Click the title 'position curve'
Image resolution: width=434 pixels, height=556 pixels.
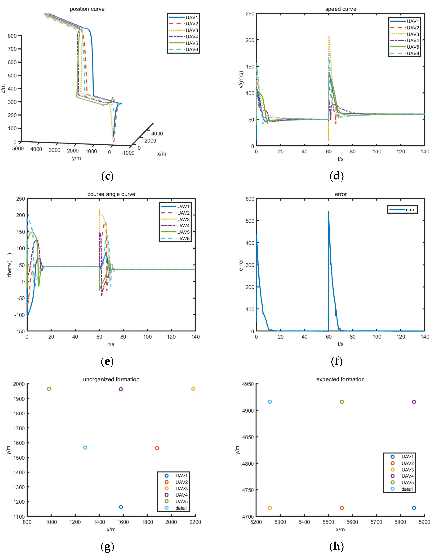(x=87, y=9)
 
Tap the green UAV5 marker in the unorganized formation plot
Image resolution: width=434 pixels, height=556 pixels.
(x=49, y=389)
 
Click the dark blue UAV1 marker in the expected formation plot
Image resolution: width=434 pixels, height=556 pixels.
(x=414, y=508)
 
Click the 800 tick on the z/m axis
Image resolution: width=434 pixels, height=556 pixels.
(x=12, y=36)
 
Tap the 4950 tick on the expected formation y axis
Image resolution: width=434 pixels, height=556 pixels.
(x=248, y=384)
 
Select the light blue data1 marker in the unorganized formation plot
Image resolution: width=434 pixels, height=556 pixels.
(x=85, y=448)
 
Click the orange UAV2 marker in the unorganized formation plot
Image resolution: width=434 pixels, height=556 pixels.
(x=157, y=448)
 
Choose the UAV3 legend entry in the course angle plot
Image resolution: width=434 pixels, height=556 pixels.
(x=183, y=219)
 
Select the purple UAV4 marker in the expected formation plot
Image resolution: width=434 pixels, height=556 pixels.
(x=414, y=402)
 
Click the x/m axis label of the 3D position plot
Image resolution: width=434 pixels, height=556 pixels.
(x=162, y=154)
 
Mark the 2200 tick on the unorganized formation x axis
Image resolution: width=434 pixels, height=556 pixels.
(x=195, y=522)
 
